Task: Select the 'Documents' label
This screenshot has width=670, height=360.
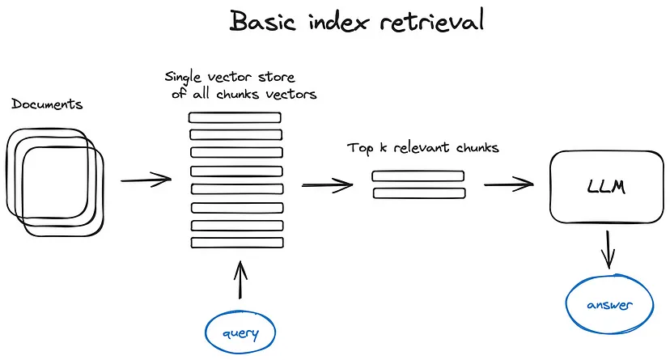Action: pos(47,104)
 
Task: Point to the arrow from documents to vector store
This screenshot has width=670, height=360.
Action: pos(146,180)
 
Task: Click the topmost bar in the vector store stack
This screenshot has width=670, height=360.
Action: pos(235,117)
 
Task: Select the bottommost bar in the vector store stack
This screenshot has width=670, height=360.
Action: pos(235,243)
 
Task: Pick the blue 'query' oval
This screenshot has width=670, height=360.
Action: pos(240,331)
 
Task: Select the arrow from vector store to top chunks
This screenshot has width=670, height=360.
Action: pos(328,185)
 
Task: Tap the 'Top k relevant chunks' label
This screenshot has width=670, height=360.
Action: pos(422,148)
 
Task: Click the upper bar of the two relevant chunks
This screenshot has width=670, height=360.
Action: pos(418,176)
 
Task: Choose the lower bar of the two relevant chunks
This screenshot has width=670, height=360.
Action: pos(418,193)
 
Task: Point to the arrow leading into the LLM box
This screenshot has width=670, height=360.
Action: pos(509,184)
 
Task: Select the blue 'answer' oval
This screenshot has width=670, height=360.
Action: pos(608,305)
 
